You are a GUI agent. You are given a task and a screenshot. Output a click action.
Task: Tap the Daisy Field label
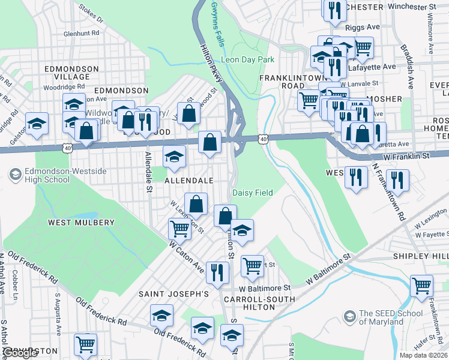252,193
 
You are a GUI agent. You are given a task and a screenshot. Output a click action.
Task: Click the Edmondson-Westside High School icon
16,175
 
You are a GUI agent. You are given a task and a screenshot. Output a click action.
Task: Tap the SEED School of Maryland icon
349,316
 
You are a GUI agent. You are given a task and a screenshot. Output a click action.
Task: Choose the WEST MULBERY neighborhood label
81,223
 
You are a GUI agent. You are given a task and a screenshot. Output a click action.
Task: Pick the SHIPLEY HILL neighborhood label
420,256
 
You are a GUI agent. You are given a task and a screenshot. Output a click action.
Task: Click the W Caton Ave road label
187,254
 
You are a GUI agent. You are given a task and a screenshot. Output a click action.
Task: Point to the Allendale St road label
148,172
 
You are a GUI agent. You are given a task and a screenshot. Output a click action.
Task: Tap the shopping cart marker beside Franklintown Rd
421,285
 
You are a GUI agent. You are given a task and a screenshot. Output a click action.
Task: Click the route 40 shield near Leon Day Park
262,139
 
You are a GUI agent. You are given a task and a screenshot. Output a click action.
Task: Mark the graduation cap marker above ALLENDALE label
175,157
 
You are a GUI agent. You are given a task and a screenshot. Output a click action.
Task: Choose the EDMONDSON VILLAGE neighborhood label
72,73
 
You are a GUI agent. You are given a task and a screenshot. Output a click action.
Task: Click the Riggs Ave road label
363,28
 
